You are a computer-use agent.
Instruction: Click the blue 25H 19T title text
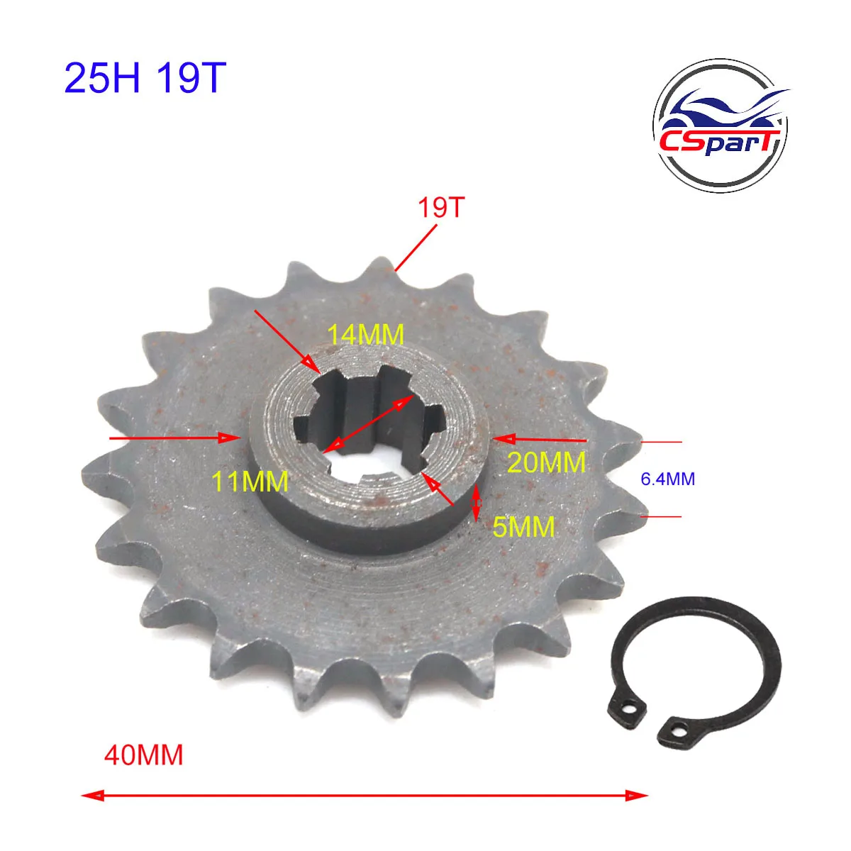[145, 78]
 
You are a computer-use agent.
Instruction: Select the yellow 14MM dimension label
[366, 334]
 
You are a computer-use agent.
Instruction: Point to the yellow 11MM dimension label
[250, 481]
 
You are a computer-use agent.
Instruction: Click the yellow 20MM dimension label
[547, 462]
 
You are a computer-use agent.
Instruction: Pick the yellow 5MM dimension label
[524, 526]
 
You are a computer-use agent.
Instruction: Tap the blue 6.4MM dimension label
[667, 479]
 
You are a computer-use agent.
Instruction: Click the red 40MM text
[143, 755]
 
